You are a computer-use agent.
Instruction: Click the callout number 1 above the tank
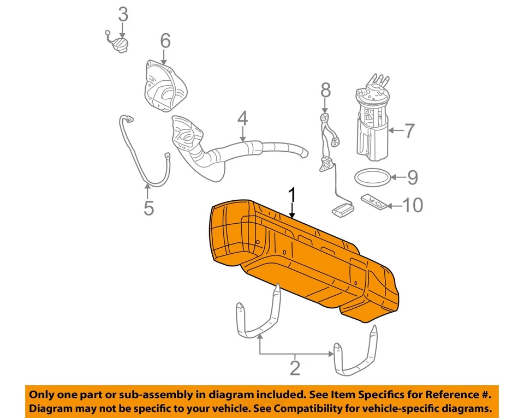coord(293,195)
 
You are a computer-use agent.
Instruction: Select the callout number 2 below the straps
coord(295,367)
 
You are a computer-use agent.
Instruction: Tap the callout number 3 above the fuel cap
coord(123,13)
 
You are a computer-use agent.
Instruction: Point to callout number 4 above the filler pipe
coord(242,118)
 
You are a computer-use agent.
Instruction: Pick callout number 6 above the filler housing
coord(165,40)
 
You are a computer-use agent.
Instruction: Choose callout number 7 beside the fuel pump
coord(410,130)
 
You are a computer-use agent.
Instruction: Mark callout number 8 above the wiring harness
coord(325,89)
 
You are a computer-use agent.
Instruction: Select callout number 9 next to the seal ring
coord(412,177)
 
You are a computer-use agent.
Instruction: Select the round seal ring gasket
coord(372,177)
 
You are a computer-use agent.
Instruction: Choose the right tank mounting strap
coord(355,355)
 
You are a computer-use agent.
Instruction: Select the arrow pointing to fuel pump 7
coord(396,130)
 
